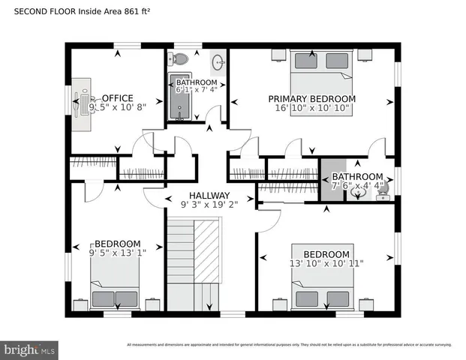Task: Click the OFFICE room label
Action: point(117,97)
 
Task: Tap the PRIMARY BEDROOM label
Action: point(311,98)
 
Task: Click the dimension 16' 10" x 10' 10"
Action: point(311,108)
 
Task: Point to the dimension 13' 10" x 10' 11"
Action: point(326,263)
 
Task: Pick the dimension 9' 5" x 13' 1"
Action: point(117,253)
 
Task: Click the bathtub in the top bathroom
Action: point(180,97)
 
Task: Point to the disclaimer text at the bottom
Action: point(289,345)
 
